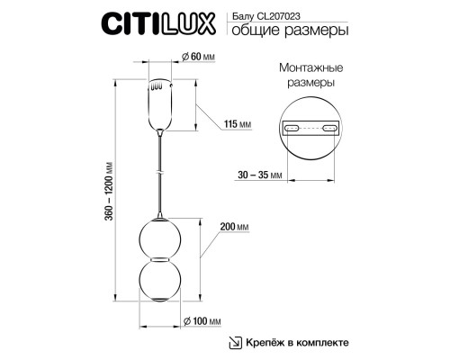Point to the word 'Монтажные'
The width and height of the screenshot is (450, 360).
[x=309, y=68]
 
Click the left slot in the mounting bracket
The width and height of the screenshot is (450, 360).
[x=292, y=128]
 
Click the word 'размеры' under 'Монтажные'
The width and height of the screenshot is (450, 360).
[x=309, y=83]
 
